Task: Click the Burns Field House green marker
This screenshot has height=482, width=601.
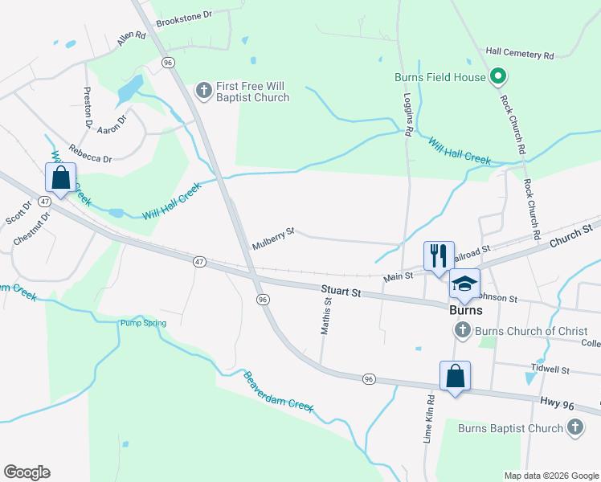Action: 497,77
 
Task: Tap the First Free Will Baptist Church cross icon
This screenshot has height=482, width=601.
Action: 204,89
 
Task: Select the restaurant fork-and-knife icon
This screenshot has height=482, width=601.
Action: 439,256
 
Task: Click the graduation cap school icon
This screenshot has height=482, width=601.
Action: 464,283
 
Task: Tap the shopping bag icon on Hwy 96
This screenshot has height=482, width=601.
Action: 455,375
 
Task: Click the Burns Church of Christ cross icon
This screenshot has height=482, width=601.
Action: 462,330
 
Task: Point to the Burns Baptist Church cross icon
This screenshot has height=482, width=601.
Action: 575,428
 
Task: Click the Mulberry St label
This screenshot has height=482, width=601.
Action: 273,239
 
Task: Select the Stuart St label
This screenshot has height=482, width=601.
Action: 341,291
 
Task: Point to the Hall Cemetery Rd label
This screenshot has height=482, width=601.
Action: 520,55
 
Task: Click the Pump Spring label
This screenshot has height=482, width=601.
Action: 143,323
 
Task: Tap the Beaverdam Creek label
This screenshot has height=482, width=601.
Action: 278,390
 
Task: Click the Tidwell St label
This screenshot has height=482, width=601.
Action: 550,370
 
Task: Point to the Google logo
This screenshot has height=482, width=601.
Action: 27,472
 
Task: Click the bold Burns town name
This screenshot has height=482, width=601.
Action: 465,309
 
